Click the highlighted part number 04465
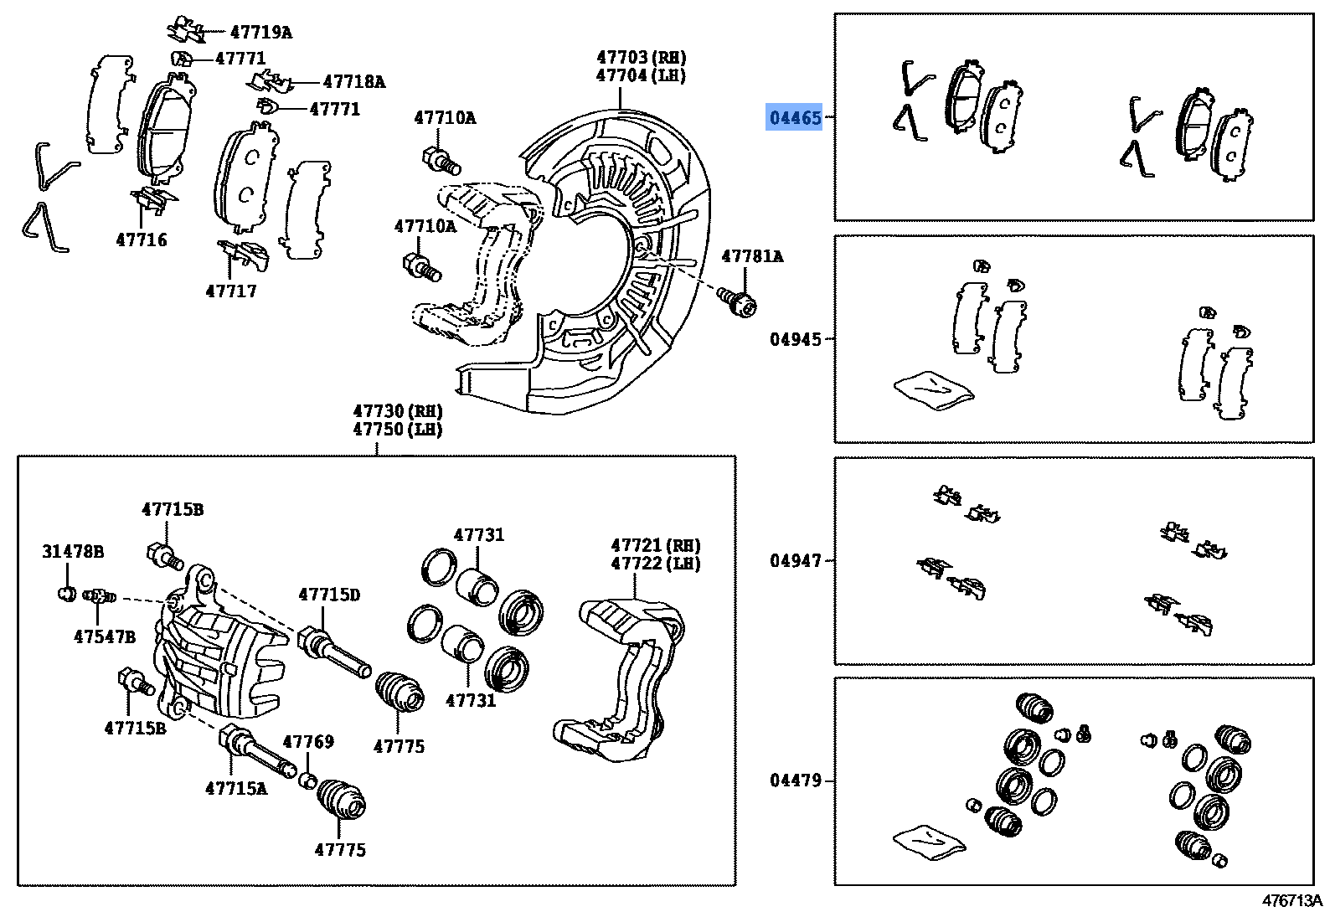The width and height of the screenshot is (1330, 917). [x=796, y=118]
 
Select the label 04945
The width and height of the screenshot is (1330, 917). [x=796, y=339]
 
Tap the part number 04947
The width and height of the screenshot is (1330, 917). [x=796, y=560]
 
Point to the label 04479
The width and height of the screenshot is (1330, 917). [x=796, y=781]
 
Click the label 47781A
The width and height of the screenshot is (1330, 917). [x=752, y=256]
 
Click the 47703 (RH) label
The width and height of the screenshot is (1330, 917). [x=641, y=57]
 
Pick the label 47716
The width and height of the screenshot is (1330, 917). [x=142, y=240]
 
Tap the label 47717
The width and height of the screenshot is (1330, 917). [x=231, y=291]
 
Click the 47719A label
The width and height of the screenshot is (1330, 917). [x=260, y=33]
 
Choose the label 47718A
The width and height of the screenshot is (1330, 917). [x=353, y=82]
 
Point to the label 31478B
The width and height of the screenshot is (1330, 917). [x=73, y=552]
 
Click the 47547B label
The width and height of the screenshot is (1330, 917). [x=104, y=636]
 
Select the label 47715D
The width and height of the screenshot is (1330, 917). [x=329, y=595]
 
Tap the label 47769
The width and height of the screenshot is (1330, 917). [x=308, y=742]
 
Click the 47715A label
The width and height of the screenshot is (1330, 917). [x=236, y=788]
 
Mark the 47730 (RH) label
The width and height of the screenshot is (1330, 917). [x=397, y=411]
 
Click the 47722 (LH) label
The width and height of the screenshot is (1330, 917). [x=655, y=564]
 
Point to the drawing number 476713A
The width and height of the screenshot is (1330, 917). [x=1291, y=901]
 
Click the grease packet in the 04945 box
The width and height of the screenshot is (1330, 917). [x=933, y=390]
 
